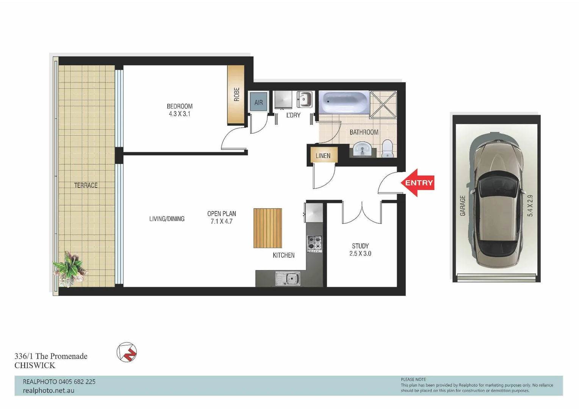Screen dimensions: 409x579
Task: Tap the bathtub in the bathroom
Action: point(344,102)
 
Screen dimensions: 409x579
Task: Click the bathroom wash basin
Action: point(362,149)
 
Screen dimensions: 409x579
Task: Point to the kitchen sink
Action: point(288,279)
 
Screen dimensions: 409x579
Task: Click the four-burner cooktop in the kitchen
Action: point(314,244)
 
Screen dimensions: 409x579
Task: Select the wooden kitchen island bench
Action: point(268,228)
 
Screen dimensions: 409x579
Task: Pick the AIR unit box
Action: point(258,102)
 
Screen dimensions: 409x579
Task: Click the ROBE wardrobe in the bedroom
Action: point(236,95)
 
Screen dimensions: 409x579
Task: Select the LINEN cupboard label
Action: point(323,156)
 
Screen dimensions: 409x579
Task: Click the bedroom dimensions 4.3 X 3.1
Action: point(180,114)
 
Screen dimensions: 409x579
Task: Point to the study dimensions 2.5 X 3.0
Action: point(360,254)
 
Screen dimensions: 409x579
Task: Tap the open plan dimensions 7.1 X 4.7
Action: point(221,222)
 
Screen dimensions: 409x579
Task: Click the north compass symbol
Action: point(127,352)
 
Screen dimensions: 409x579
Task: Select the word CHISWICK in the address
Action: point(35,365)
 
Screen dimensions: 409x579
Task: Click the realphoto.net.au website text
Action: point(49,390)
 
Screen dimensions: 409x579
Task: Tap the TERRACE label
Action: point(86,185)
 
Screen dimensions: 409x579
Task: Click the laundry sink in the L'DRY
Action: point(304,100)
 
